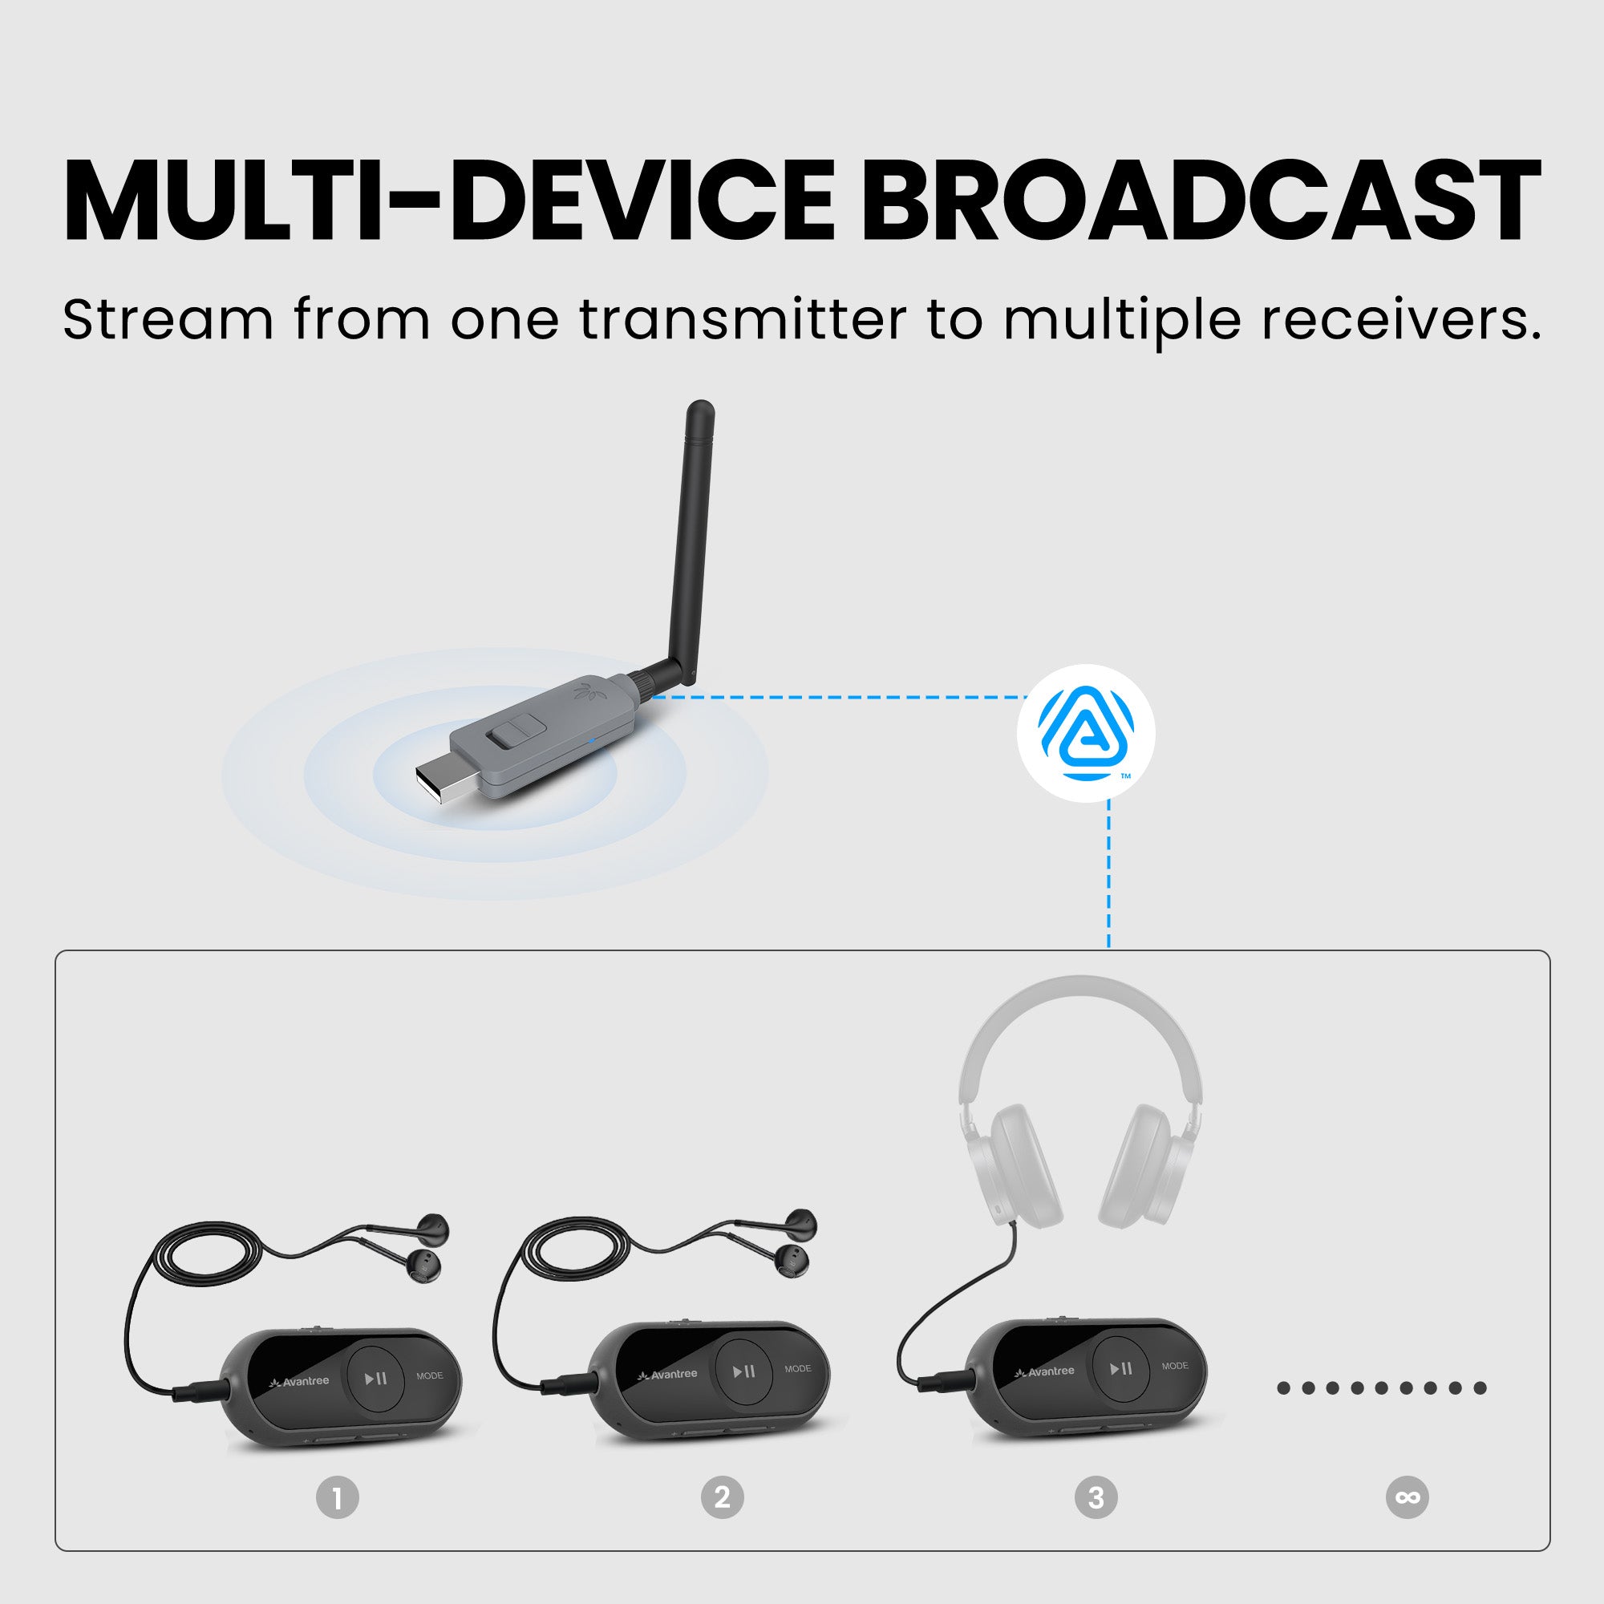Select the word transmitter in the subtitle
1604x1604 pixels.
pos(743,320)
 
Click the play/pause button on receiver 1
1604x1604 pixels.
pos(376,1379)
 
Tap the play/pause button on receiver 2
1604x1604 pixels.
pos(745,1371)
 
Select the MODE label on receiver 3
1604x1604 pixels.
pos(1175,1366)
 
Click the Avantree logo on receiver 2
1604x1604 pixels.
pos(667,1375)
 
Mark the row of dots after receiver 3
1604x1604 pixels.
pos(1382,1388)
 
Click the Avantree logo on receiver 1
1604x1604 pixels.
pos(300,1383)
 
